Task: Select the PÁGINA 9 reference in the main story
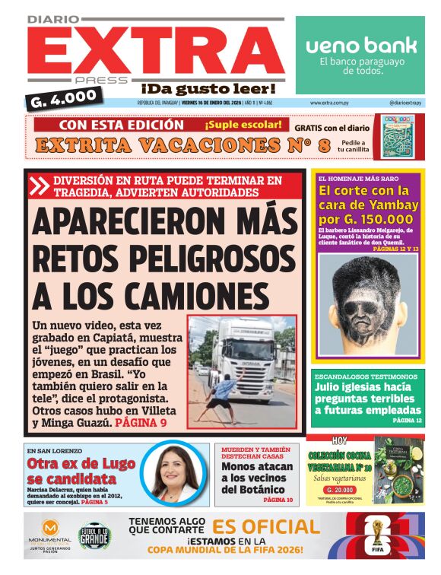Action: pyautogui.click(x=140, y=421)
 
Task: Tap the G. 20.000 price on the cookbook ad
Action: pyautogui.click(x=340, y=490)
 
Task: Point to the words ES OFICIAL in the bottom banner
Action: pyautogui.click(x=265, y=526)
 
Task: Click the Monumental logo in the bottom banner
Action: pyautogui.click(x=52, y=532)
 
